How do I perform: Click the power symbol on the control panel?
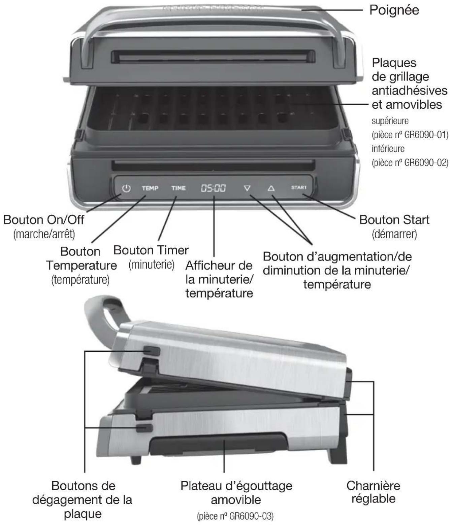(x=126, y=188)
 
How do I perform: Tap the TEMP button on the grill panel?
(x=150, y=188)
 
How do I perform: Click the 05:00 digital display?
(x=213, y=188)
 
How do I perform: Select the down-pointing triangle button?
(x=247, y=188)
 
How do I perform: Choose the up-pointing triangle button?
(x=271, y=188)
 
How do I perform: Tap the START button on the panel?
(x=299, y=187)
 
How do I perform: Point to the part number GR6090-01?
(x=426, y=135)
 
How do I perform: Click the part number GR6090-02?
(x=426, y=163)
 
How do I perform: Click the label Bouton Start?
(x=394, y=220)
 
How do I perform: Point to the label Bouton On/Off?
(x=44, y=220)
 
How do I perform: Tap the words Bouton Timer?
(x=151, y=250)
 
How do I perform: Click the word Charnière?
(x=373, y=486)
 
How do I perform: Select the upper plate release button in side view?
(x=152, y=351)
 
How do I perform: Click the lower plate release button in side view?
(x=144, y=428)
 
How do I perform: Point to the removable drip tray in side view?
(x=219, y=444)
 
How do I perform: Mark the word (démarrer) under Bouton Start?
(x=394, y=234)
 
